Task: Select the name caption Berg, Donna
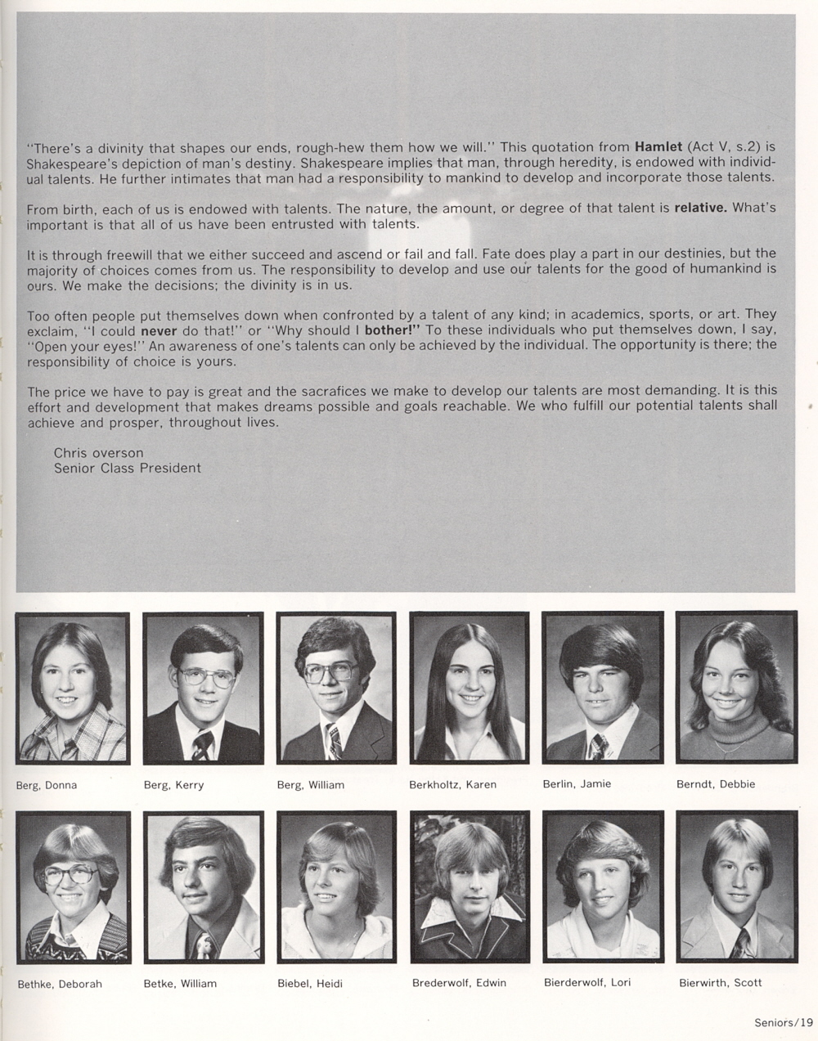pyautogui.click(x=46, y=785)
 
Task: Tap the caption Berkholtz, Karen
pyautogui.click(x=452, y=784)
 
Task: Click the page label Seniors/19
pyautogui.click(x=783, y=1021)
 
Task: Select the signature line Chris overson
pyautogui.click(x=98, y=452)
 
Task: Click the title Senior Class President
pyautogui.click(x=127, y=468)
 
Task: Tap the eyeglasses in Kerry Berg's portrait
pyautogui.click(x=206, y=676)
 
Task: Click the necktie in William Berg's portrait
pyautogui.click(x=334, y=740)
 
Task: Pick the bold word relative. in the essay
pyautogui.click(x=700, y=208)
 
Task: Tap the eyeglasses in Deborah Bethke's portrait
pyautogui.click(x=70, y=876)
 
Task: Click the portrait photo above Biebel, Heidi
pyautogui.click(x=336, y=886)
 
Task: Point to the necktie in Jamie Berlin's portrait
pyautogui.click(x=599, y=745)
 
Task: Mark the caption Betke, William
pyautogui.click(x=180, y=983)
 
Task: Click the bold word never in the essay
pyautogui.click(x=159, y=330)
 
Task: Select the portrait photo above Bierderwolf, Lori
pyautogui.click(x=603, y=886)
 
